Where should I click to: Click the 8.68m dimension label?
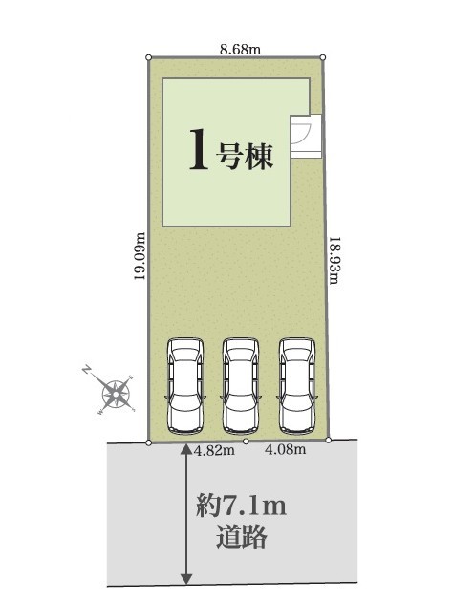[x=241, y=50]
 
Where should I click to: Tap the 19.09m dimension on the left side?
[x=140, y=256]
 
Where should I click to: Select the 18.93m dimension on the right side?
[x=334, y=260]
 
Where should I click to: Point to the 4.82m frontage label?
[x=214, y=450]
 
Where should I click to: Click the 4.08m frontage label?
[x=285, y=449]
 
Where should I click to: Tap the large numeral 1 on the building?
[x=199, y=149]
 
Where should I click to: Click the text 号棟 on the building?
[x=245, y=156]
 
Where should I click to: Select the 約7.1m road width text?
[x=242, y=506]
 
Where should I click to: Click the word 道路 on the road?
[x=242, y=536]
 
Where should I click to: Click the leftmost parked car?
[x=185, y=385]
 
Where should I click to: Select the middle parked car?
[x=241, y=386]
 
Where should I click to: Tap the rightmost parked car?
[x=297, y=386]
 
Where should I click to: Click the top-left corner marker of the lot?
[x=149, y=57]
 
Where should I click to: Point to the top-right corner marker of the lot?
[x=323, y=57]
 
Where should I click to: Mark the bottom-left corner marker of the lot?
[x=149, y=443]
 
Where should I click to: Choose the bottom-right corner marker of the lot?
[x=328, y=440]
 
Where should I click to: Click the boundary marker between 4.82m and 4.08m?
[x=247, y=442]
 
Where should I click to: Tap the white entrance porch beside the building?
[x=306, y=136]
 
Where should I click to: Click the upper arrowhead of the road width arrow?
[x=186, y=449]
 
